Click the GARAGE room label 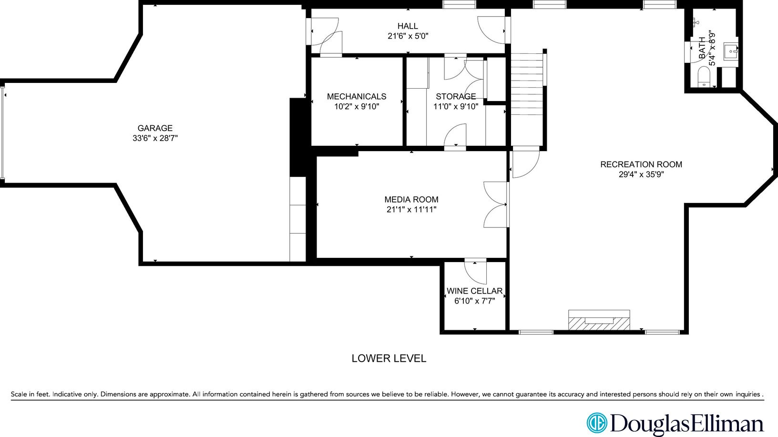155,128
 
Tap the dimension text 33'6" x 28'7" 155,138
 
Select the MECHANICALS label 357,96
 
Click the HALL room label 408,26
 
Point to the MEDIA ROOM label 411,199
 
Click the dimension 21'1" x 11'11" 411,209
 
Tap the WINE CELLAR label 474,291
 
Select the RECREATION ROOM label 641,164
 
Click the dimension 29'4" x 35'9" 641,174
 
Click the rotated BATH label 702,48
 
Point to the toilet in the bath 704,77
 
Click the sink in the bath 730,50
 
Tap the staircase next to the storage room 528,83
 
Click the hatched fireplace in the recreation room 599,320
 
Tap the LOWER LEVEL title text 389,358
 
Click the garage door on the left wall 3,132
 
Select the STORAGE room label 455,96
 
